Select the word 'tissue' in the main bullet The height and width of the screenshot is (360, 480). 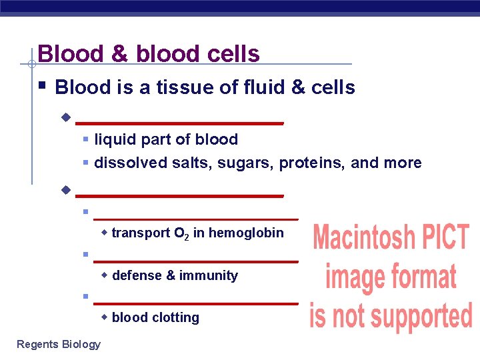[184, 87]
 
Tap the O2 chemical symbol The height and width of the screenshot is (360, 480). [181, 233]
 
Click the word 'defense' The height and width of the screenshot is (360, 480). [135, 275]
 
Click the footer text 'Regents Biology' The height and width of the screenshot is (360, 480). [59, 344]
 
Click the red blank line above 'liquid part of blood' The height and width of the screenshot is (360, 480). [180, 123]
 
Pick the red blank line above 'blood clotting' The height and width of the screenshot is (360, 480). [195, 303]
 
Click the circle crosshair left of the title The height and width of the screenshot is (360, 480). [31, 64]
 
